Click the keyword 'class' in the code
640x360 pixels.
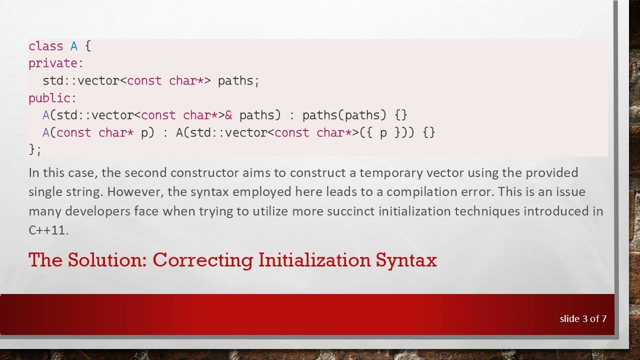(45, 46)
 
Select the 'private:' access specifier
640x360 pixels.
(55, 63)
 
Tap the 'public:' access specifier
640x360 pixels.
(52, 98)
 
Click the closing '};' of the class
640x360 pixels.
(35, 149)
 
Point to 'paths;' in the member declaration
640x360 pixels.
(238, 80)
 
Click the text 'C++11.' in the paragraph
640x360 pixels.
(48, 230)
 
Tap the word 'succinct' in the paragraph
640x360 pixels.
(350, 211)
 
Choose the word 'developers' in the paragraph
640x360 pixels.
(97, 211)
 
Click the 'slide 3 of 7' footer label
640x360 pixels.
(583, 318)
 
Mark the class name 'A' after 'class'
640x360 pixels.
(74, 46)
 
